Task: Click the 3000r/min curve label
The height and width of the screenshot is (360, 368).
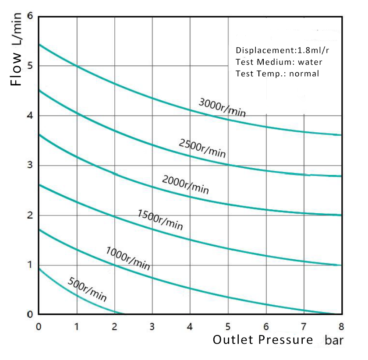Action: tap(222, 107)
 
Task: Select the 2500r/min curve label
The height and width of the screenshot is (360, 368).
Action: tap(202, 148)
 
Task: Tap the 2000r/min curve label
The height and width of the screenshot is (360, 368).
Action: tap(185, 184)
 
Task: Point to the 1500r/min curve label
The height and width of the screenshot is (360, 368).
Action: tap(160, 220)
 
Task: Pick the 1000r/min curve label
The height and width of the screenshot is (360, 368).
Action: tap(128, 258)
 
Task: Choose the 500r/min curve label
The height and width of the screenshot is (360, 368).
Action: tap(87, 289)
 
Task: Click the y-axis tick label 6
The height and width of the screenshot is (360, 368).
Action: tap(30, 16)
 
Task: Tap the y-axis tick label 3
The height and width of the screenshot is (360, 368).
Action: tap(30, 165)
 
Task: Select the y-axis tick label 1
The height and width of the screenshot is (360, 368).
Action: tap(30, 265)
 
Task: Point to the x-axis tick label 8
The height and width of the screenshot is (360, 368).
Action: tap(341, 326)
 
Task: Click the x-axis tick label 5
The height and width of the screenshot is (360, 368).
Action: tap(228, 326)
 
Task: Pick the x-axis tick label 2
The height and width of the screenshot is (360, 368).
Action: tap(114, 326)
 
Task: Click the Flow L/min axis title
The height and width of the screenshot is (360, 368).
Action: tap(16, 49)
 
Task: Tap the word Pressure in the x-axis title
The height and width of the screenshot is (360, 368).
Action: tap(286, 339)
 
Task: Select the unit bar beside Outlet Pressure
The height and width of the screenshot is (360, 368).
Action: tap(334, 340)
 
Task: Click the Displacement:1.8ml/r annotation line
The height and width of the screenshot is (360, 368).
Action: tap(282, 50)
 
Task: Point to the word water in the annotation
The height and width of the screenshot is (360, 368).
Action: tap(310, 62)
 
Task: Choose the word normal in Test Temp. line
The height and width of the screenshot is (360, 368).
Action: tap(304, 74)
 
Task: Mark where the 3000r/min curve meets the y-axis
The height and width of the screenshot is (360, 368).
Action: tap(39, 44)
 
